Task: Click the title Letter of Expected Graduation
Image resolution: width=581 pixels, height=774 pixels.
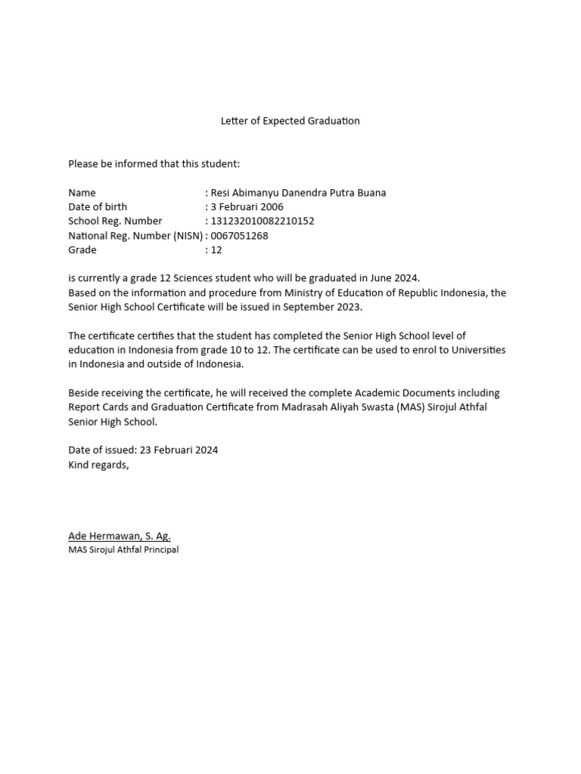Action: pos(290,121)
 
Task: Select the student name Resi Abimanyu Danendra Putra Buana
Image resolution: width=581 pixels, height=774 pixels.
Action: pos(298,193)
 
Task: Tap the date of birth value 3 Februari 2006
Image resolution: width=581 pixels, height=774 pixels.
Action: pos(247,207)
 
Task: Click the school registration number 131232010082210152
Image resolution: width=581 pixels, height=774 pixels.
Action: pos(262,221)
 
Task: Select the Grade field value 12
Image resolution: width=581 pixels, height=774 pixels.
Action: pos(216,250)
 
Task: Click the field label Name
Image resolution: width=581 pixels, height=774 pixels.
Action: pos(82,193)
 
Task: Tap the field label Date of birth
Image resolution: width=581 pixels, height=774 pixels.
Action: pos(98,207)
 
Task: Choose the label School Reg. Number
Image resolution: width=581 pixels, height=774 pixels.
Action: pos(115,221)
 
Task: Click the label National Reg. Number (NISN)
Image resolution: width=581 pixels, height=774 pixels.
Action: pos(135,236)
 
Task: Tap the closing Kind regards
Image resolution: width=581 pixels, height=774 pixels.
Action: pos(98,465)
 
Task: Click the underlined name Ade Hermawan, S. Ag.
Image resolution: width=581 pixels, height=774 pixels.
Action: pos(120,536)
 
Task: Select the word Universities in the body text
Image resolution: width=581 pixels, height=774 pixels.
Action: pos(477,350)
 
